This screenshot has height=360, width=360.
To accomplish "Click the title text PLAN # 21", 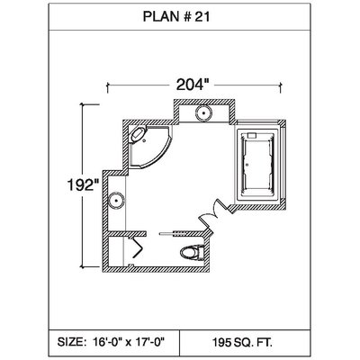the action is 176,17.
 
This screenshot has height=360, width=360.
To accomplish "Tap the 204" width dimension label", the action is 192,85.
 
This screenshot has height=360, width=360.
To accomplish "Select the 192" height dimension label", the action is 83,184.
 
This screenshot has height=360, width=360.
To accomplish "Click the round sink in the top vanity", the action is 203,113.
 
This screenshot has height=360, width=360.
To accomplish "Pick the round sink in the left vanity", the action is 116,201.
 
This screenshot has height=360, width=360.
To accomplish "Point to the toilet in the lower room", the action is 193,252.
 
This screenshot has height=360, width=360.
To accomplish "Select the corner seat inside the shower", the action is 138,134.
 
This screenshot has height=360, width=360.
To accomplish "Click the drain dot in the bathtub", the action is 247,165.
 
